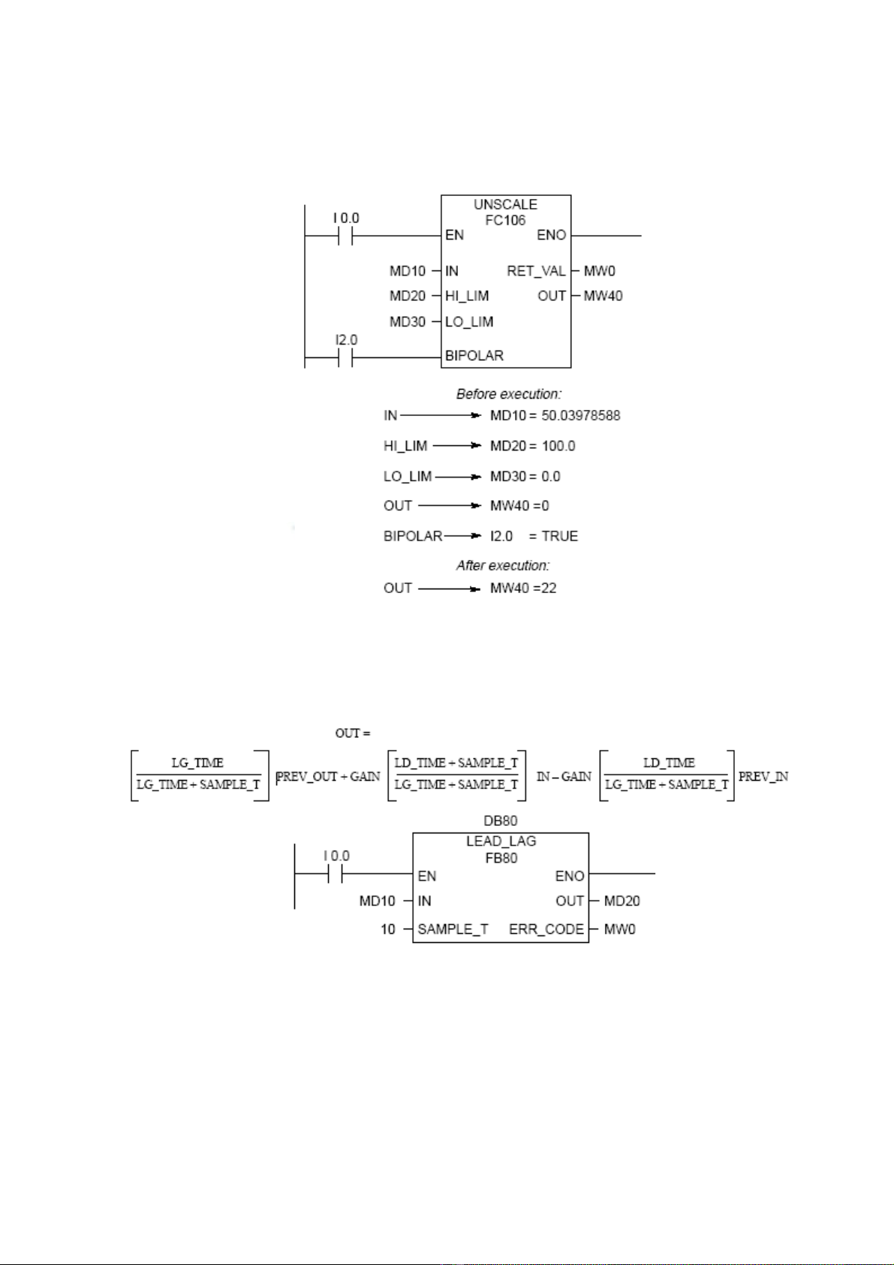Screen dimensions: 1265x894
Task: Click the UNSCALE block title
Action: click(x=505, y=204)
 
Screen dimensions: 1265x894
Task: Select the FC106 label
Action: click(x=505, y=220)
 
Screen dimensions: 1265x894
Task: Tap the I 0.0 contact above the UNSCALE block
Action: click(x=345, y=236)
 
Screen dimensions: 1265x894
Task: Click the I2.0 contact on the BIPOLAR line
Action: click(x=345, y=358)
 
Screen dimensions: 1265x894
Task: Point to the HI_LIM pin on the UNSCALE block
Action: click(x=467, y=296)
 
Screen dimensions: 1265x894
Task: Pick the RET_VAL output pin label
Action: click(x=536, y=271)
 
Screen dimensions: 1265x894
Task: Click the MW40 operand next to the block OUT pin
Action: click(x=604, y=296)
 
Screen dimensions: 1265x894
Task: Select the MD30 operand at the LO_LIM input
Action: click(x=408, y=321)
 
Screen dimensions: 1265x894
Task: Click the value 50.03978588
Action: click(x=581, y=415)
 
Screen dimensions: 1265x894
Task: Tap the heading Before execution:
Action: click(x=509, y=393)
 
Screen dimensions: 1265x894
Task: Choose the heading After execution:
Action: click(x=503, y=565)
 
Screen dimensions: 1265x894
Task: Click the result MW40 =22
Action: click(x=523, y=588)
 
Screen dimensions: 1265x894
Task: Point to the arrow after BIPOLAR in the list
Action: click(x=462, y=536)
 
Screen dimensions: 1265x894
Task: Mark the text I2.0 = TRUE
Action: click(x=534, y=536)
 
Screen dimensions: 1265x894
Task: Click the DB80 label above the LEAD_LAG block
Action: click(x=501, y=821)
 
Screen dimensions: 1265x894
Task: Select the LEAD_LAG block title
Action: click(x=501, y=841)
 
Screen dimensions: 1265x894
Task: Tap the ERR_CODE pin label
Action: click(x=546, y=929)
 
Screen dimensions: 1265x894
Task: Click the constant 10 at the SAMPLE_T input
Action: click(x=387, y=929)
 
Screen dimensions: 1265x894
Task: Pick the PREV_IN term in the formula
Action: click(x=763, y=776)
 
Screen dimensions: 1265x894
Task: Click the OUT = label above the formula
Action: click(x=353, y=733)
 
